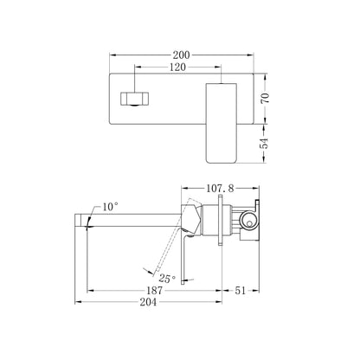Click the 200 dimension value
pyautogui.click(x=181, y=55)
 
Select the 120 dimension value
pyautogui.click(x=177, y=67)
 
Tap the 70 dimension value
pyautogui.click(x=265, y=98)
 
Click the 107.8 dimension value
pyautogui.click(x=220, y=189)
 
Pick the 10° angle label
pyautogui.click(x=110, y=207)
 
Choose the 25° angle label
pyautogui.click(x=167, y=279)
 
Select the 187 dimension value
pyautogui.click(x=155, y=291)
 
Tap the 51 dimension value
pyautogui.click(x=240, y=291)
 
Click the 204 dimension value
pyautogui.click(x=148, y=302)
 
